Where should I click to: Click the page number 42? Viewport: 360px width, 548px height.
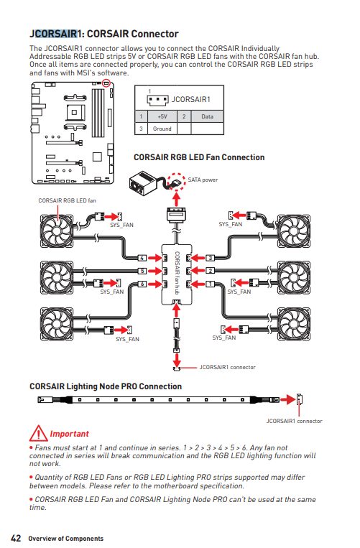(x=16, y=538)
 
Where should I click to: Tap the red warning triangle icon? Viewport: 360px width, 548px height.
(x=39, y=434)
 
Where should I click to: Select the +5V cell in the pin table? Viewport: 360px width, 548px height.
(x=162, y=116)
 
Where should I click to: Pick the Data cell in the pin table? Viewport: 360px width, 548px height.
(x=207, y=116)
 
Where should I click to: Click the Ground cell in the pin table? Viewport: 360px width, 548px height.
(x=162, y=129)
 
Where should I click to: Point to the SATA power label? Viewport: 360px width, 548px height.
(x=203, y=180)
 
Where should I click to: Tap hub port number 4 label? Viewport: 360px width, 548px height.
(x=142, y=258)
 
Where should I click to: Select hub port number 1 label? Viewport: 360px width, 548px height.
(x=210, y=284)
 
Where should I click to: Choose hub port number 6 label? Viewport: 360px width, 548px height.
(x=142, y=284)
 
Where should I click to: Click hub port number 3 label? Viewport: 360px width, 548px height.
(x=210, y=258)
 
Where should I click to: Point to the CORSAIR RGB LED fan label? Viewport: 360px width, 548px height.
(x=67, y=200)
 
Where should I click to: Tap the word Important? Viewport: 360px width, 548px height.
(x=69, y=434)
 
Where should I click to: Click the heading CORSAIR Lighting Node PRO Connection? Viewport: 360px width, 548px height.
(x=106, y=386)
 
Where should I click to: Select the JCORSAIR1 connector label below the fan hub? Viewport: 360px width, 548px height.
(x=228, y=367)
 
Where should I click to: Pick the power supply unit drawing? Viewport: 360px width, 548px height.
(x=142, y=182)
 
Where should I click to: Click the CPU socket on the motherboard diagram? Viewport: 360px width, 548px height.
(x=75, y=113)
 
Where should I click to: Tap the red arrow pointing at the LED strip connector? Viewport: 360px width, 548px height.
(x=288, y=399)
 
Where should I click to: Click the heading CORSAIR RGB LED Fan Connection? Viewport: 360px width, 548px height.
(x=199, y=157)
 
